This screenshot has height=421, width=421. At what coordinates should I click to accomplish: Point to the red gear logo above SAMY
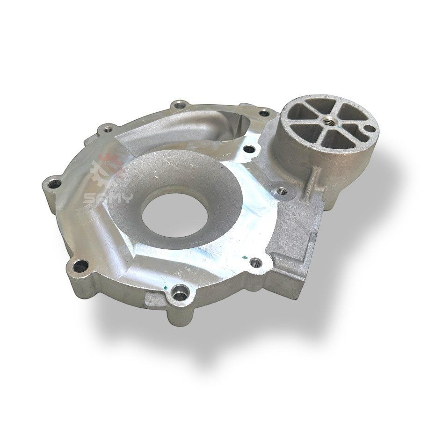108,168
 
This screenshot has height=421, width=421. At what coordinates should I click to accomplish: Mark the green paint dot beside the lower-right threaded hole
244,257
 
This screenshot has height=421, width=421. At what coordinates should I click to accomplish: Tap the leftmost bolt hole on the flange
55,184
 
